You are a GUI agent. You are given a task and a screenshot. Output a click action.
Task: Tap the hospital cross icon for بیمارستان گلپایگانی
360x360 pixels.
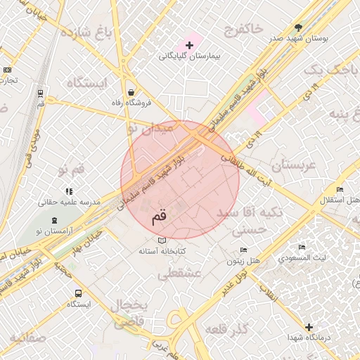click(189, 44)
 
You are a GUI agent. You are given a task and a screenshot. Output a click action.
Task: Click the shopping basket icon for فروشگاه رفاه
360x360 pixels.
click(131, 92)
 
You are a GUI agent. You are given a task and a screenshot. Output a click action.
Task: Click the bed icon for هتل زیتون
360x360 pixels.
click(243, 250)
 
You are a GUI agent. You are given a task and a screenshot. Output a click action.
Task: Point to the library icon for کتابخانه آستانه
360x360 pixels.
click(162, 241)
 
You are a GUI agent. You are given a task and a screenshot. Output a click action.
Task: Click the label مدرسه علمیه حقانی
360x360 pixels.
click(70, 201)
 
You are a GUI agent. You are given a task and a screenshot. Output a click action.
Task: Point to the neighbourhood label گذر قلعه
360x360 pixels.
click(228, 329)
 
